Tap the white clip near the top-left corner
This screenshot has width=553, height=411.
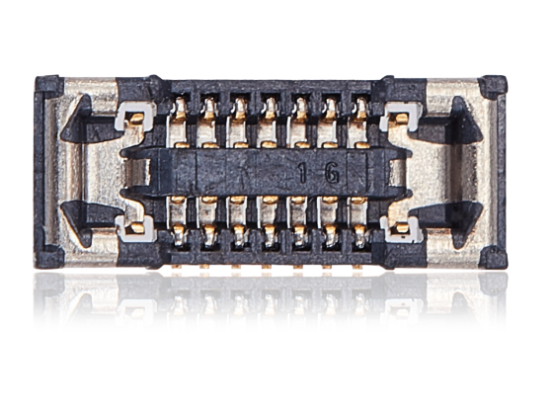pos(132,121)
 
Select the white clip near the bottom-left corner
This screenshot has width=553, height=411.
pos(132,229)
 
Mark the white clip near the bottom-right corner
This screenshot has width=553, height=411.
pos(401,229)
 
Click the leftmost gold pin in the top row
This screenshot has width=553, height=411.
pos(179,112)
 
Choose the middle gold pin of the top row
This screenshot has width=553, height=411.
pos(270,112)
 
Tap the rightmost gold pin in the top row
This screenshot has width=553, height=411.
pos(360,112)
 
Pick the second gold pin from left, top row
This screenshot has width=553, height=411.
pos(209,112)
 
